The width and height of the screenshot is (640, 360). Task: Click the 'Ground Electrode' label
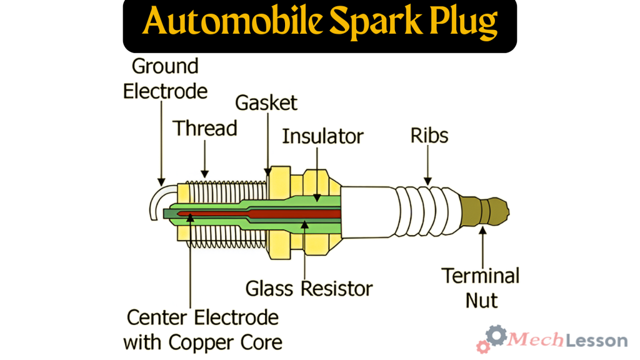click(x=165, y=78)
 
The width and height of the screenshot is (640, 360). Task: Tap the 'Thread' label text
click(x=205, y=128)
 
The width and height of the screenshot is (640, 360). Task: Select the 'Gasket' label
click(x=266, y=102)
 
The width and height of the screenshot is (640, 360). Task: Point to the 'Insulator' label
click(x=322, y=136)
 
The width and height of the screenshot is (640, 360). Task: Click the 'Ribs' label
click(x=429, y=135)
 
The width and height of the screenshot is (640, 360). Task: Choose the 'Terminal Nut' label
click(x=481, y=287)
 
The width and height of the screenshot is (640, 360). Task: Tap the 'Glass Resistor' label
click(x=309, y=288)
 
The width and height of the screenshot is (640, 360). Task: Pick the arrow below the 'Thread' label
click(x=204, y=159)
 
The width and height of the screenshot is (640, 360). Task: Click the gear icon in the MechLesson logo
click(x=496, y=336)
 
